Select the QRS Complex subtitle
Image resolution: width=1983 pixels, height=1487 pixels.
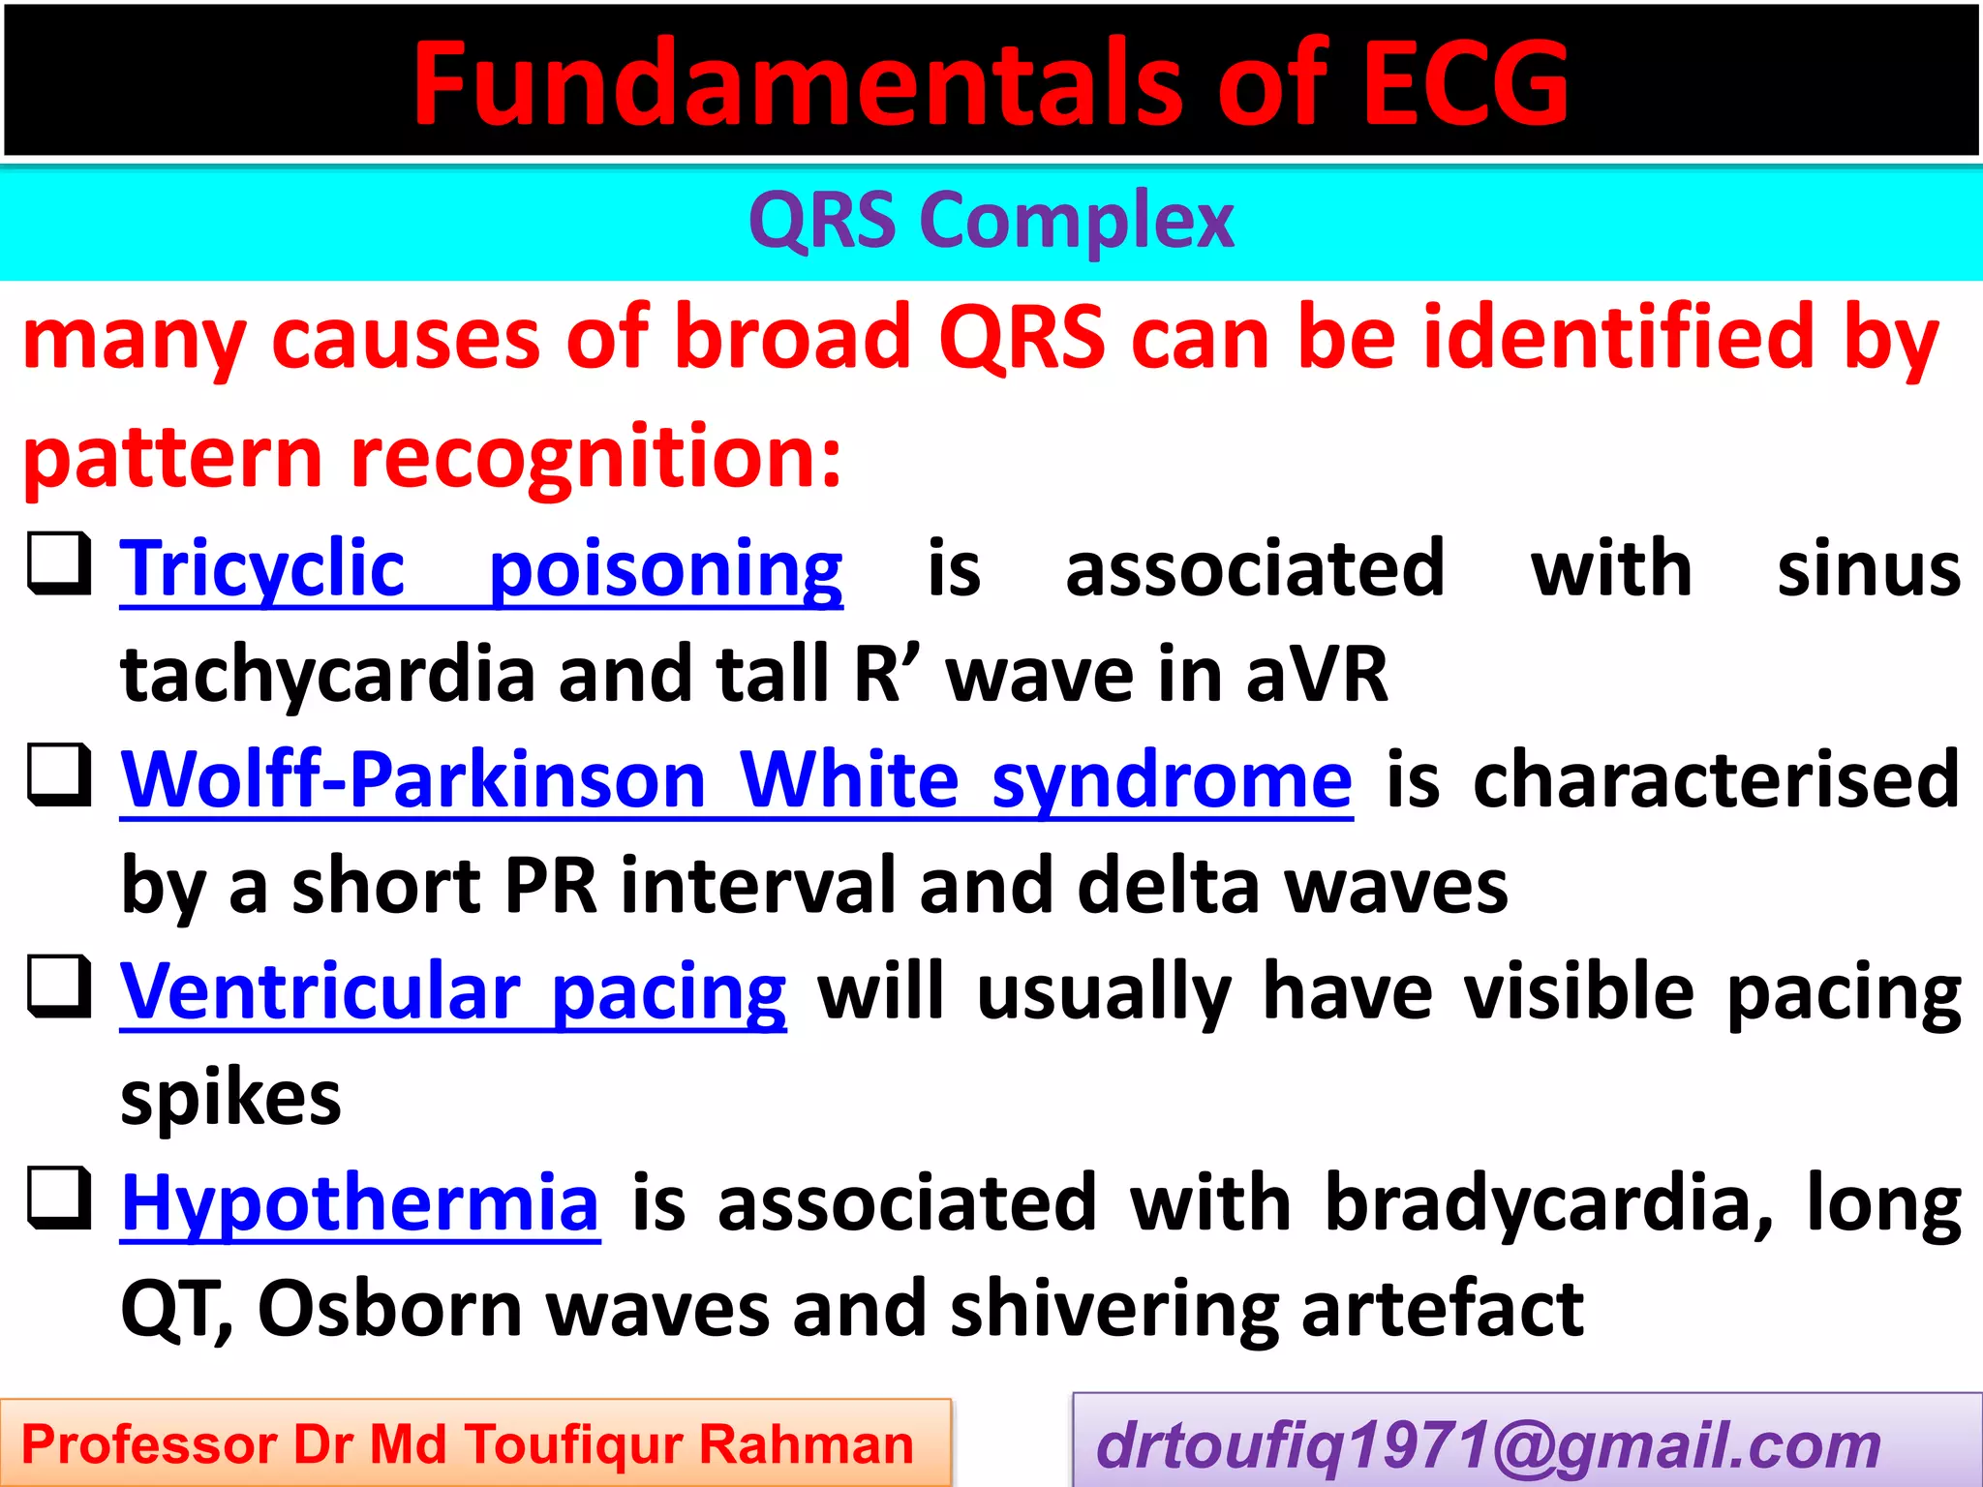pyautogui.click(x=991, y=222)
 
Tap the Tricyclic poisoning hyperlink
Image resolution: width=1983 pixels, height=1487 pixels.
pyautogui.click(x=481, y=570)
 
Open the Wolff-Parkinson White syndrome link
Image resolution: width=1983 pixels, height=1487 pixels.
pyautogui.click(x=736, y=780)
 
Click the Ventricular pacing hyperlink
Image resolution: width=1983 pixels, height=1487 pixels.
pyautogui.click(x=453, y=992)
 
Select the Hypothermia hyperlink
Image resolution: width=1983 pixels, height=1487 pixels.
pyautogui.click(x=360, y=1203)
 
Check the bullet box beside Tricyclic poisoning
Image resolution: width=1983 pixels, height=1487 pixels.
pyautogui.click(x=59, y=563)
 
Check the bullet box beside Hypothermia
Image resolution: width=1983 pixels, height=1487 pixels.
pyautogui.click(x=59, y=1199)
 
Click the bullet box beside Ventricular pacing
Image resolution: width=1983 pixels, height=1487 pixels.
pyautogui.click(x=59, y=986)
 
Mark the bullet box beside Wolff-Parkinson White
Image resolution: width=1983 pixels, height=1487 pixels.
pyautogui.click(x=59, y=774)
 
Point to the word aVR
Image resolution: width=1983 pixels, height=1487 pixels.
pyautogui.click(x=1316, y=675)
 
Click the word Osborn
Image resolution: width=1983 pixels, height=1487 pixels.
pyautogui.click(x=389, y=1309)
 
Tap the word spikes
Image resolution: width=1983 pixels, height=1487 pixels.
pyautogui.click(x=230, y=1100)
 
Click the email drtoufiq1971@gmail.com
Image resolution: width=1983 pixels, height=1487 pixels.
pyautogui.click(x=1488, y=1445)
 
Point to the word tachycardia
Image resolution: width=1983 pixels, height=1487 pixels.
pyautogui.click(x=327, y=675)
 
